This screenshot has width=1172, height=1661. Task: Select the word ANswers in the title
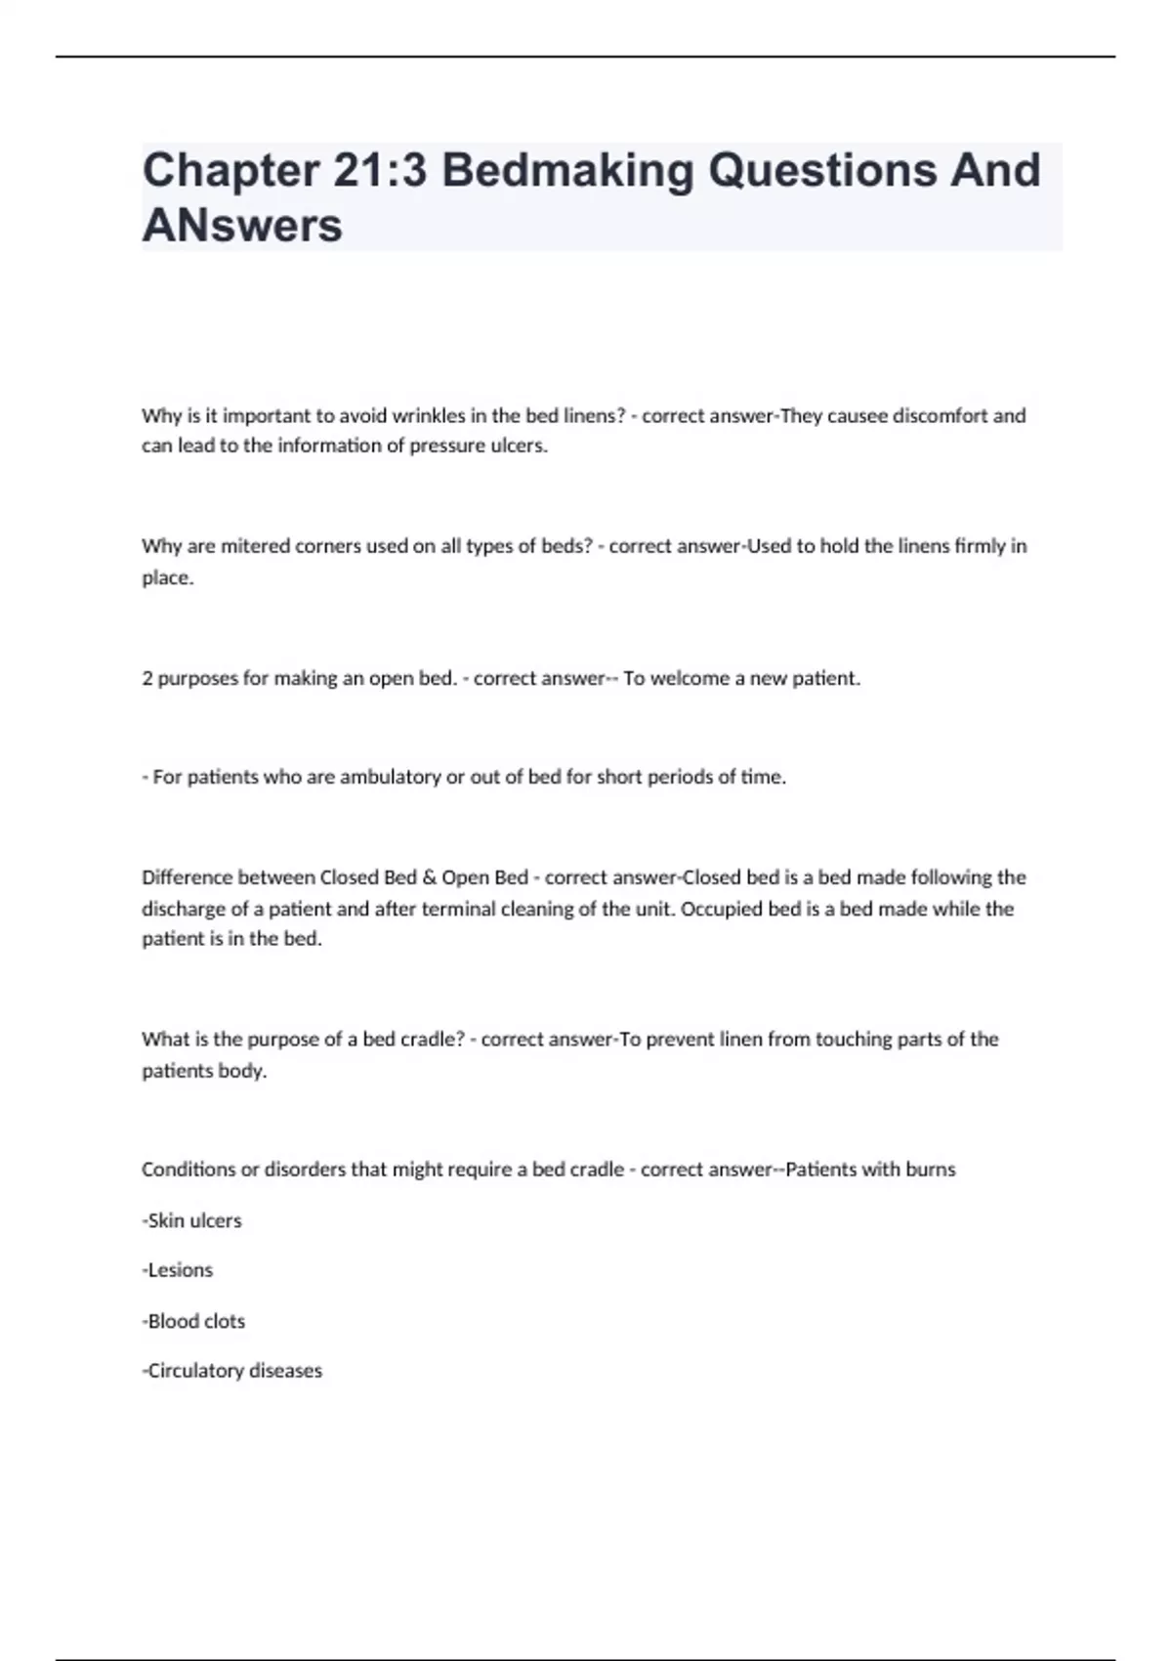click(x=242, y=227)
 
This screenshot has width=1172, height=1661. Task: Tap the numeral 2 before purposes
click(x=147, y=678)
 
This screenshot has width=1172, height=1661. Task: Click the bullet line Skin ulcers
click(x=192, y=1221)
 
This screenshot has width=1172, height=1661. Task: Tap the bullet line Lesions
click(x=179, y=1270)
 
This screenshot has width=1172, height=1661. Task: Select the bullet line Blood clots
click(x=194, y=1321)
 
